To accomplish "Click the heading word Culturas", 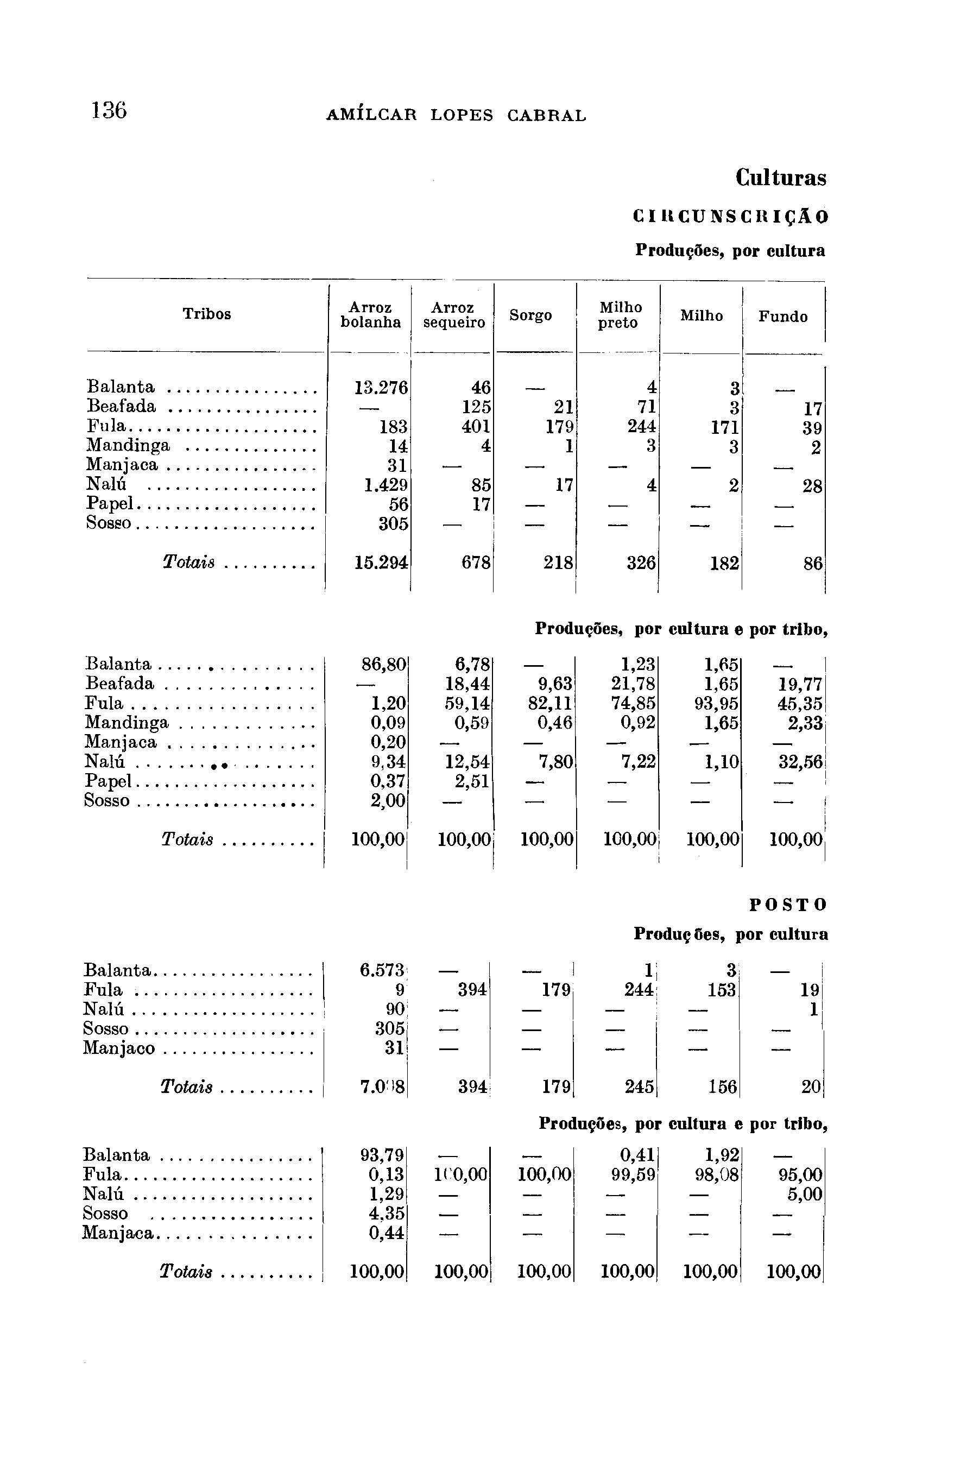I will click(x=781, y=178).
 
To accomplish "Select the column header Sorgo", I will click(x=530, y=316).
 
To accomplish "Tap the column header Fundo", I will click(x=782, y=317).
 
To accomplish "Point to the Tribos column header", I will click(x=207, y=314).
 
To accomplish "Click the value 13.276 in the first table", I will click(x=381, y=388).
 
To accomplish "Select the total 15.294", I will click(x=381, y=563).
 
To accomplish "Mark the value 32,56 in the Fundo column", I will click(x=800, y=762).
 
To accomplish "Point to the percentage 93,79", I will click(x=382, y=1155).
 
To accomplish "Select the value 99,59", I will click(x=634, y=1174).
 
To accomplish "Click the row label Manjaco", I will click(x=118, y=1048).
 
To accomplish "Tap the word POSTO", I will click(x=788, y=905).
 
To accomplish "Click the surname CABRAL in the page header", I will click(x=546, y=116).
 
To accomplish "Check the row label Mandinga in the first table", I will click(x=128, y=445).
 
